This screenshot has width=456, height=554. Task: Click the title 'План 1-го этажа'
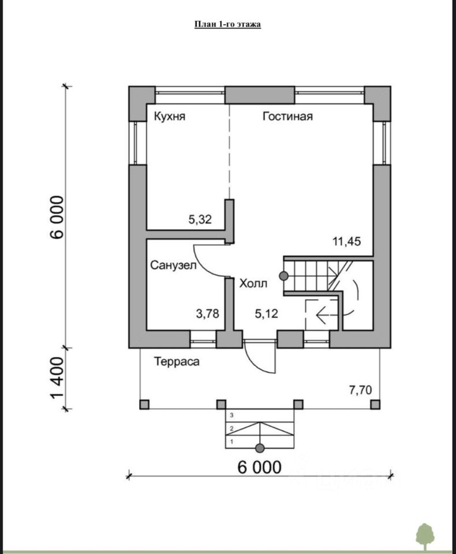coord(227,24)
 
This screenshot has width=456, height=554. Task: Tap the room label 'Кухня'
coord(169,117)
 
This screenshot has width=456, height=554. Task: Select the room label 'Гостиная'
coord(287,117)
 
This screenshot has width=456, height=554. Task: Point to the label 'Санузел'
coord(174,265)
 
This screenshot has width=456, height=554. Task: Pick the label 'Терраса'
coord(177,362)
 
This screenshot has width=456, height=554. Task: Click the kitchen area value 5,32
coord(200,219)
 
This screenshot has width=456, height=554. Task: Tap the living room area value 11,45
coord(346,242)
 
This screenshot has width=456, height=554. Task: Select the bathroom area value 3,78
coord(208,314)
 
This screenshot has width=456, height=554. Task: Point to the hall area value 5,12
coord(267,314)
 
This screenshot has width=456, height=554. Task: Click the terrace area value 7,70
coord(360,390)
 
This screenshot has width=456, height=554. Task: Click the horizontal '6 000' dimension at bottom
coord(260,467)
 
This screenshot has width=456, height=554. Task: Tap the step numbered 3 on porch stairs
coord(231,415)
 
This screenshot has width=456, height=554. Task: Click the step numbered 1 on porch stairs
coord(231,441)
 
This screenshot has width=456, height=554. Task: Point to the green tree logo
coord(425,536)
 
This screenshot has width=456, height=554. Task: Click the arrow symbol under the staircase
coord(320,315)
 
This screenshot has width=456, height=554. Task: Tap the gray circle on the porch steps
coord(260,448)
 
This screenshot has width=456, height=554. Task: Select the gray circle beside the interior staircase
coord(284,276)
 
